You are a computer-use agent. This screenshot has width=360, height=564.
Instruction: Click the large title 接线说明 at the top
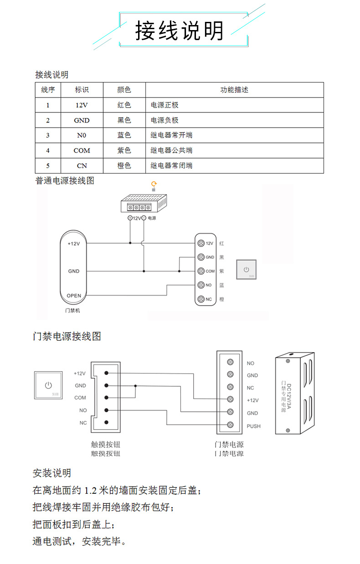180,31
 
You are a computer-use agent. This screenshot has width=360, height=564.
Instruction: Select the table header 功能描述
234,90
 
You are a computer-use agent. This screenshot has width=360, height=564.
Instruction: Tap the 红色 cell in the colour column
124,105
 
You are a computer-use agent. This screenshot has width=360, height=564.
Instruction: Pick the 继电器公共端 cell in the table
171,150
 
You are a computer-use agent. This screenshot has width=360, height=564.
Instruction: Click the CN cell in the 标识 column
82,166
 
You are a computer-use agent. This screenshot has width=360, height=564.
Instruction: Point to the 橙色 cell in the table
124,166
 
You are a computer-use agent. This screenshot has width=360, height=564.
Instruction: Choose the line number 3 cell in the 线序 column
48,135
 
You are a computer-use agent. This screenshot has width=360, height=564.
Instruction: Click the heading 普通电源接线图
65,181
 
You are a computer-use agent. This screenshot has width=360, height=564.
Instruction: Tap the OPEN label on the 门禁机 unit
74,296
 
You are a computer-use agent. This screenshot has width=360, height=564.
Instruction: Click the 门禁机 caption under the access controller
73,311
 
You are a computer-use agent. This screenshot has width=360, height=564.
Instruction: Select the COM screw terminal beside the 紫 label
201,271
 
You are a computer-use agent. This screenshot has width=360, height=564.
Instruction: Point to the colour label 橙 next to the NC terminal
221,299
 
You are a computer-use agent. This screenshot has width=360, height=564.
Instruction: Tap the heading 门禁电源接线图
67,337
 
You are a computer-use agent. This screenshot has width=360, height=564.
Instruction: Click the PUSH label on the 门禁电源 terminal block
253,426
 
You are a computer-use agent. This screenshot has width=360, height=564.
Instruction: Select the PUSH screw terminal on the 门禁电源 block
231,426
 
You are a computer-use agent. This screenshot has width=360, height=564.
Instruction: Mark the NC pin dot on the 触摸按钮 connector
106,423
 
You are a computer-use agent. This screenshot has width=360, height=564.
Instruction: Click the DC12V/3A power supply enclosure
294,394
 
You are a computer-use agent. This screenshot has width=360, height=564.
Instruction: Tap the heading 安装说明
51,473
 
